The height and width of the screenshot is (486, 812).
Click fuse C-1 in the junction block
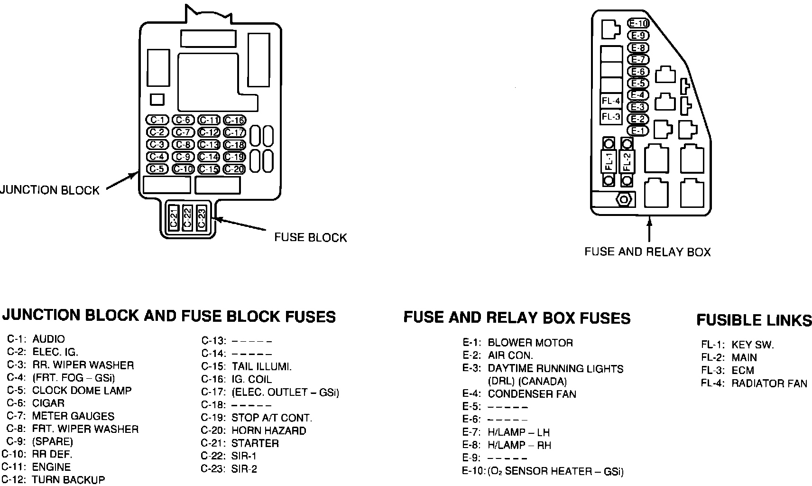(x=157, y=120)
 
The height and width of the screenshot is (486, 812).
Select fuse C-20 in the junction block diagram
(x=234, y=169)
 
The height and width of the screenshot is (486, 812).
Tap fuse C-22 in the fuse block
(x=187, y=218)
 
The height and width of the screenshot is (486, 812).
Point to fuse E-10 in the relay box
(x=638, y=23)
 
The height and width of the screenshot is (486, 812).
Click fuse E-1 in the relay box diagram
(x=638, y=131)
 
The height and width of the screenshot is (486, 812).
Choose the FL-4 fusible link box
(x=611, y=101)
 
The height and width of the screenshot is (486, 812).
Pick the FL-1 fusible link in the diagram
(x=609, y=162)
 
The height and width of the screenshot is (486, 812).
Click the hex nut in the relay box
(x=625, y=199)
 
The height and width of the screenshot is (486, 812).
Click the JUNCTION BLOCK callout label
(x=50, y=190)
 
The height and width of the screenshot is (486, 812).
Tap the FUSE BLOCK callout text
(x=311, y=237)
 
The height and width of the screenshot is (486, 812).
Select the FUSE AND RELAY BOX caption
(x=647, y=252)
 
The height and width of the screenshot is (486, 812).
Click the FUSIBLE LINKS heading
(x=754, y=320)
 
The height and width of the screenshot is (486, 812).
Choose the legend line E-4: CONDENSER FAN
(x=519, y=394)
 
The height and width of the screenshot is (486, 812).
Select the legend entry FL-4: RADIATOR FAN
(x=754, y=383)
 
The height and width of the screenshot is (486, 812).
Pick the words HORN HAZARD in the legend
(x=268, y=431)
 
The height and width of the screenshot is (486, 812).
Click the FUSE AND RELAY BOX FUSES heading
(x=517, y=318)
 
